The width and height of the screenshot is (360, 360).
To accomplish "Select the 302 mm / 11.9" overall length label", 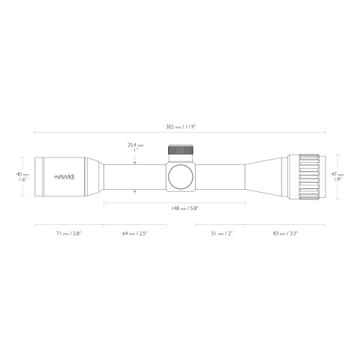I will point(180,126).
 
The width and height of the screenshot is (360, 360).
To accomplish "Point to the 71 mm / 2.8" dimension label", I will point(69,234).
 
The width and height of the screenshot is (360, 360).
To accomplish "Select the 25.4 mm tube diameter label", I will point(135,145).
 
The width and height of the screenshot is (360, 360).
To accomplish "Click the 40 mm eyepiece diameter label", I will point(22,173).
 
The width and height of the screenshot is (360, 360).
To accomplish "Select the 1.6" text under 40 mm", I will point(22,181).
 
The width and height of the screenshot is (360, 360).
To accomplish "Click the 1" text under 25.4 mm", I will point(135,151).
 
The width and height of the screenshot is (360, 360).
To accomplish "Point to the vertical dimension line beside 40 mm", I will point(31,178).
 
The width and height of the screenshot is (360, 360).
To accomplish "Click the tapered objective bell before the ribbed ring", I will point(266,178).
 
